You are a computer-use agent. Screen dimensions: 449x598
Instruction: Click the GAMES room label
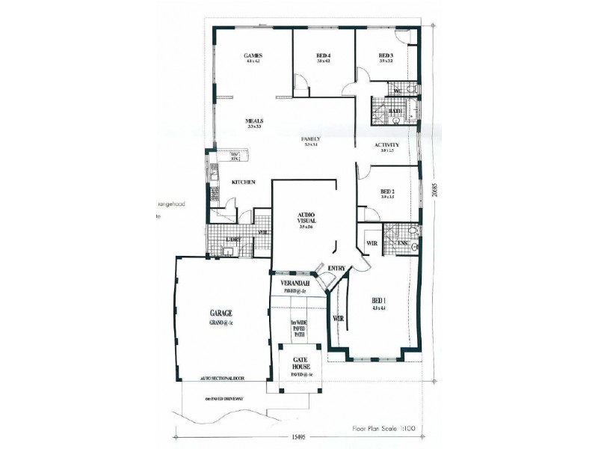251,56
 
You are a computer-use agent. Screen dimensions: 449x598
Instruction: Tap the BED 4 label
323,56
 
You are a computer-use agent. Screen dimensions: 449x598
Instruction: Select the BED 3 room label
386,56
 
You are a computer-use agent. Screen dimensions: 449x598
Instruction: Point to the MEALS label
254,120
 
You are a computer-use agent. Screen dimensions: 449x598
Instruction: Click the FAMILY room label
311,139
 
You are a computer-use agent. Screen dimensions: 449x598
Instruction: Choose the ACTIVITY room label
386,145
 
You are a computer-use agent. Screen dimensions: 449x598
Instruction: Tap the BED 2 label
387,191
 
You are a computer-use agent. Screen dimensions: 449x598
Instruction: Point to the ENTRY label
336,268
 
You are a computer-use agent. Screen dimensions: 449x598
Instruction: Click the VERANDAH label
298,284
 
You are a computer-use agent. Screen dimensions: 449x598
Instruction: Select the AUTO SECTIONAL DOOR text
223,379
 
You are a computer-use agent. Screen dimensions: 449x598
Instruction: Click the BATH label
395,112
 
